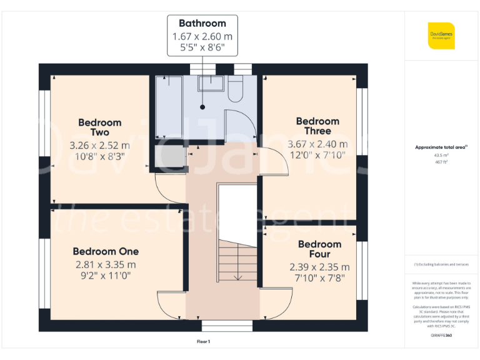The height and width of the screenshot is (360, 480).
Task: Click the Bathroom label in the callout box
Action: point(202,24)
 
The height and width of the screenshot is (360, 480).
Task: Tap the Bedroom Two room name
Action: point(100,127)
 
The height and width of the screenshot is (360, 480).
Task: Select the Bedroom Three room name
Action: point(317,126)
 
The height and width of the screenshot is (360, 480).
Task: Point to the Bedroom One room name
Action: point(106,251)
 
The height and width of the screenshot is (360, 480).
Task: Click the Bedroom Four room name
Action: point(319,249)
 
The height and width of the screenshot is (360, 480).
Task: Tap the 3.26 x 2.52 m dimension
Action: point(100,145)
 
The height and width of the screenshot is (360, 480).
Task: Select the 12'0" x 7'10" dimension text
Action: point(317,156)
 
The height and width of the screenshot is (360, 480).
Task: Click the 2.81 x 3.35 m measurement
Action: point(106,264)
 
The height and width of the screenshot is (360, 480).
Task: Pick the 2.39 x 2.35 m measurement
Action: point(319,266)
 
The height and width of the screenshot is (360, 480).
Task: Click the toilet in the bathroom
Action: point(236,89)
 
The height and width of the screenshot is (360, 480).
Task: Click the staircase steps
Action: point(237,262)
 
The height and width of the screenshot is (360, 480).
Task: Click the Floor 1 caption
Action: point(203,342)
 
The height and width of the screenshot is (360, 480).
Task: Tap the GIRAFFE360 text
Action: point(441,336)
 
